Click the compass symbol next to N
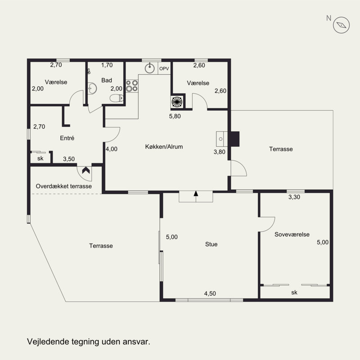click(x=341, y=25)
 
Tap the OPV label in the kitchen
click(x=164, y=68)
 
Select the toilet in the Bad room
click(x=117, y=98)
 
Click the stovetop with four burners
click(x=132, y=85)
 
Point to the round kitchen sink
click(x=150, y=68)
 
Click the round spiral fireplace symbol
click(x=177, y=102)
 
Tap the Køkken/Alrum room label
click(x=164, y=147)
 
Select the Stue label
click(x=211, y=244)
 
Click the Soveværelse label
click(x=292, y=234)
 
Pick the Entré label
click(x=67, y=138)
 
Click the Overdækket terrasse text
click(x=64, y=186)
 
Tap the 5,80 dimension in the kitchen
click(x=175, y=116)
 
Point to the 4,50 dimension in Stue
click(x=210, y=293)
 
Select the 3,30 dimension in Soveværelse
click(x=294, y=197)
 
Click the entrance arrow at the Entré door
click(x=86, y=171)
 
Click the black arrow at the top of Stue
click(x=196, y=193)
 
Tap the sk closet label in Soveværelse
click(x=294, y=292)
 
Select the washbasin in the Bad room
click(x=93, y=88)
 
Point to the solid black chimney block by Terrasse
click(x=235, y=139)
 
